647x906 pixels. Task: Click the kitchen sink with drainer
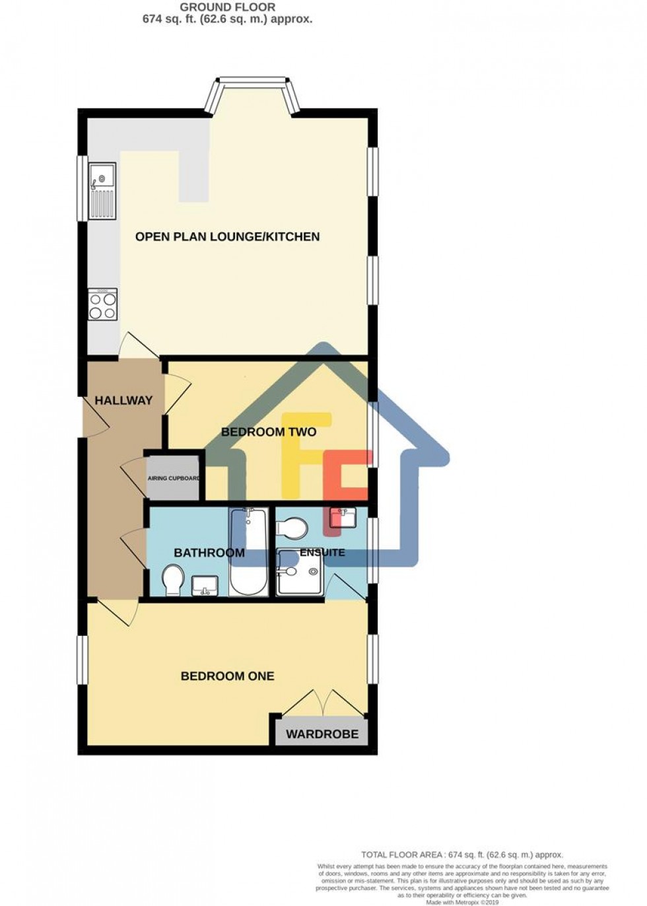[x=103, y=191]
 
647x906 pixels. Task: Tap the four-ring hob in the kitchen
[x=103, y=305]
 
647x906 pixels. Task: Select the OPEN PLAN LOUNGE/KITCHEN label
[x=227, y=236]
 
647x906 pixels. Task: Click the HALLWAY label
[x=123, y=400]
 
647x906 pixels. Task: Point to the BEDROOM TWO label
[x=269, y=433]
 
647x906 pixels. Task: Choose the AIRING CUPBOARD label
[x=174, y=478]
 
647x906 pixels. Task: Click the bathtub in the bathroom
[x=249, y=551]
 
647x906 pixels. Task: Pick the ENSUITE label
[x=322, y=552]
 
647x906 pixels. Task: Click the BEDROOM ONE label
[x=228, y=676]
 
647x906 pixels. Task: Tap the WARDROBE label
[x=322, y=734]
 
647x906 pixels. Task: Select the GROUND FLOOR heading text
[x=227, y=7]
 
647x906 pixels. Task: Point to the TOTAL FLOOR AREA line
[x=461, y=854]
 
